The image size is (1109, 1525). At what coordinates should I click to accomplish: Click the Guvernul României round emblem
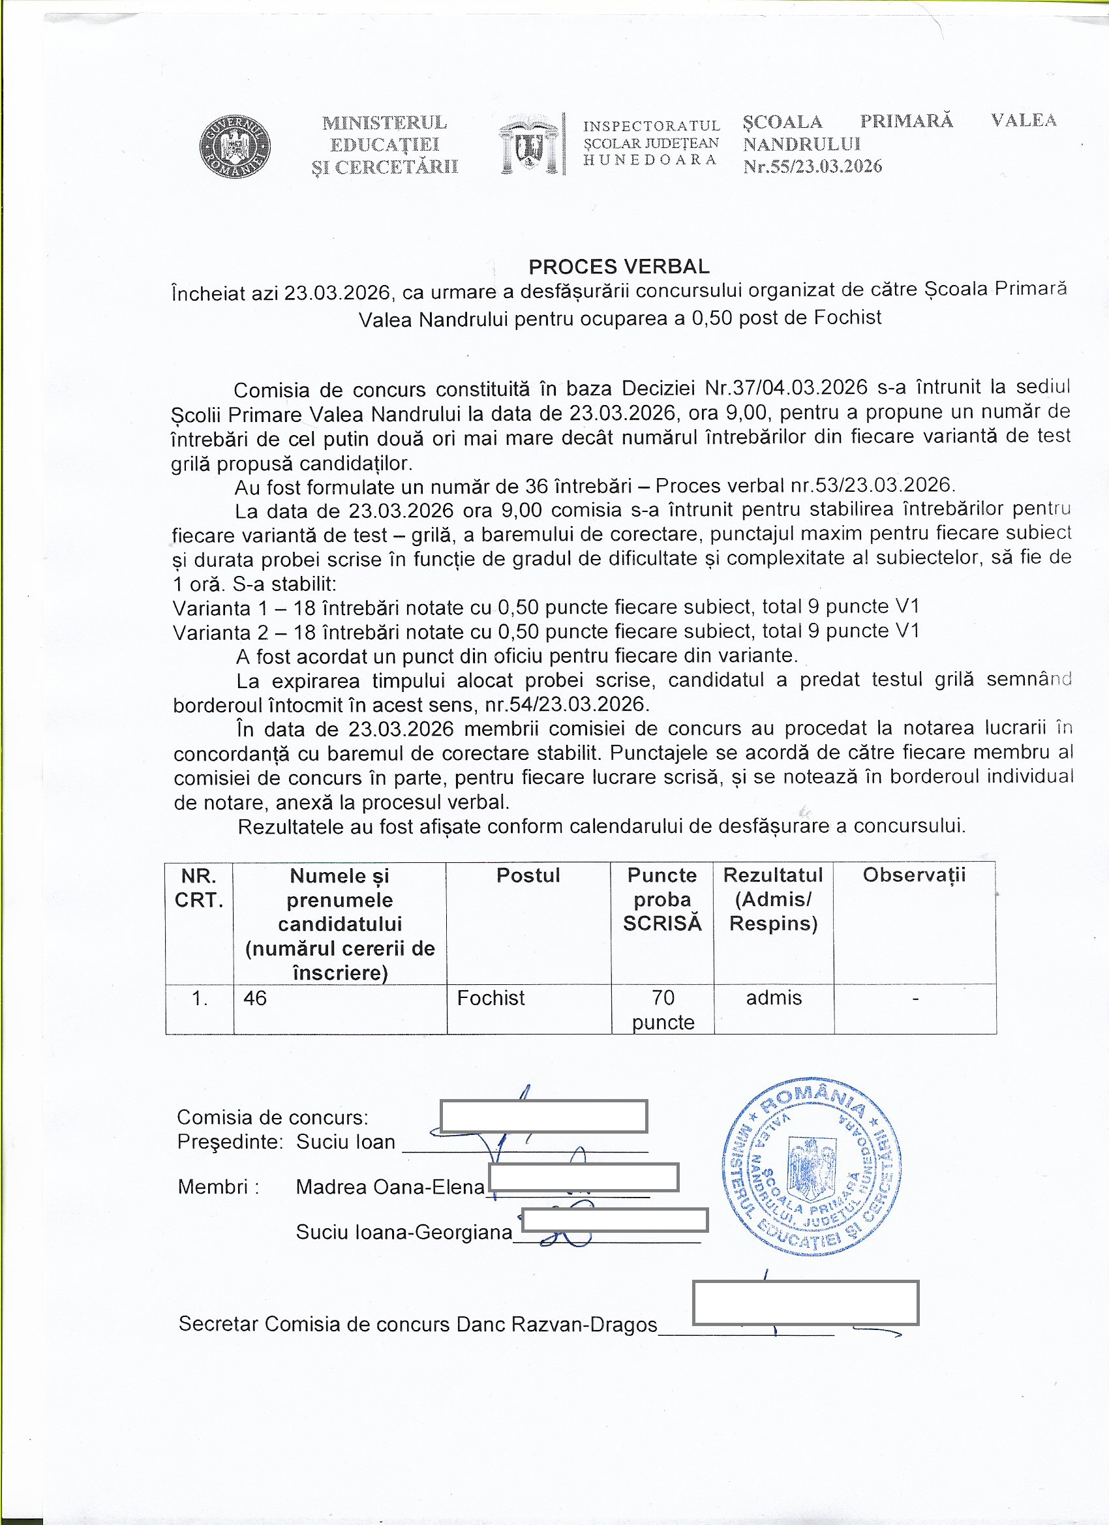point(235,146)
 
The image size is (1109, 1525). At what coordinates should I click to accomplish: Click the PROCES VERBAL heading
point(618,267)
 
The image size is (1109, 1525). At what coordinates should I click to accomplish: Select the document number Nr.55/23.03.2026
point(812,167)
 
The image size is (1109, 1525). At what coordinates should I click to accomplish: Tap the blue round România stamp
point(812,1168)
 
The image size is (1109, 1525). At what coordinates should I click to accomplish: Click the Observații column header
point(914,875)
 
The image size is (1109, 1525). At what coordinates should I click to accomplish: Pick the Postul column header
point(528,875)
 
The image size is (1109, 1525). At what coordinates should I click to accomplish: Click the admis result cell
point(774,998)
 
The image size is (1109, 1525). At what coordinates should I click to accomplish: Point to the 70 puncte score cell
point(662,1009)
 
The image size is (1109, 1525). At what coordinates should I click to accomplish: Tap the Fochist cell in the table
point(491,998)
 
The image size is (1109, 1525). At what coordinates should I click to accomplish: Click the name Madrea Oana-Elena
point(390,1186)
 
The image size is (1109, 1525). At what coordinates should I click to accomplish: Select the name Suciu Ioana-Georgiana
point(404,1232)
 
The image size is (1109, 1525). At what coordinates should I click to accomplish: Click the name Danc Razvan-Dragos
point(557,1324)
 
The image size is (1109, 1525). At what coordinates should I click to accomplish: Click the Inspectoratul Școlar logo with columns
point(530,145)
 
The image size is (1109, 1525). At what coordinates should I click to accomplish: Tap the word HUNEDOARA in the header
point(650,160)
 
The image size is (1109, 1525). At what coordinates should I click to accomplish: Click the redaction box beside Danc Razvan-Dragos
point(805,1303)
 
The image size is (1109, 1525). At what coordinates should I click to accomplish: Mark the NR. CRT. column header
point(199,888)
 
